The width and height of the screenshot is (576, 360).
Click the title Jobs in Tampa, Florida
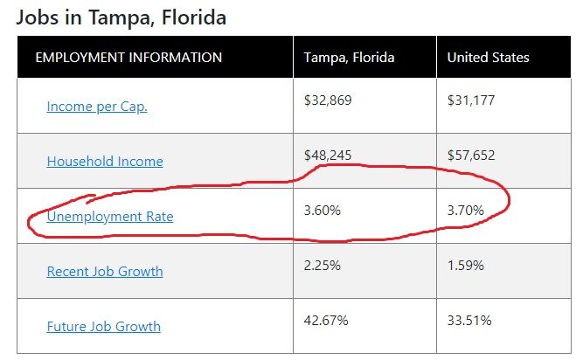tap(121, 17)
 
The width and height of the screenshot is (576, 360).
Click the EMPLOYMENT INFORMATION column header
tap(128, 58)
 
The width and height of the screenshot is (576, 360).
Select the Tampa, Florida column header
tap(349, 58)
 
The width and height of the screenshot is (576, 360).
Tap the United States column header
tap(488, 58)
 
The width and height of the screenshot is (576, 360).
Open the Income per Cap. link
tap(97, 107)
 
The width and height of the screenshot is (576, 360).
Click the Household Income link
tap(105, 162)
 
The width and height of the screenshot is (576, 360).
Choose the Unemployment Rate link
tap(110, 217)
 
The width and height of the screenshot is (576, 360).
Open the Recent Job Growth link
tap(105, 272)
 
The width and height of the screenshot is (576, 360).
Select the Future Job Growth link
tap(104, 327)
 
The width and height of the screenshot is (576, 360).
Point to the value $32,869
tap(328, 100)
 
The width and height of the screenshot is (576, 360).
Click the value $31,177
tap(471, 100)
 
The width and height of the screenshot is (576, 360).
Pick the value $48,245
tap(328, 155)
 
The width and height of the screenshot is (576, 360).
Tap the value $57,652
tap(471, 155)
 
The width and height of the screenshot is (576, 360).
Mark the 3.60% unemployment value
tap(323, 210)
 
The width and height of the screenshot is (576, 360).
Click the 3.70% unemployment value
tap(465, 210)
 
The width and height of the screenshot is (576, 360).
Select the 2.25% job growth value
tap(323, 266)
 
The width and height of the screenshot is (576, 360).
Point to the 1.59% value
tap(465, 266)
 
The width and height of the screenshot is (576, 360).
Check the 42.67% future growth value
tap(326, 321)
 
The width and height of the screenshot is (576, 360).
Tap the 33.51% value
tap(469, 321)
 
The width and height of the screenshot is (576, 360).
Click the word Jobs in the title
tap(38, 17)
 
